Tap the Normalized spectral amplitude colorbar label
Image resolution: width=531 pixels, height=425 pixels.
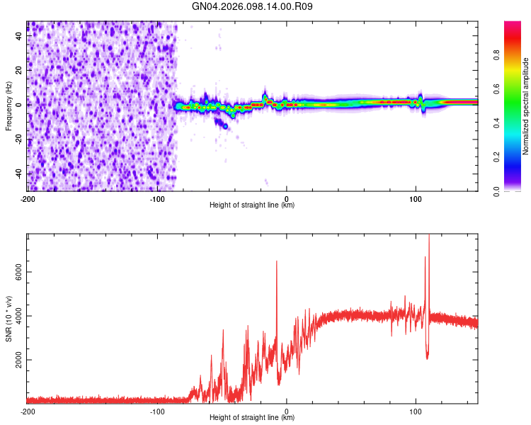[525, 106]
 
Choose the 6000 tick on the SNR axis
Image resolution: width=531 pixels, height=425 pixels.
[16, 272]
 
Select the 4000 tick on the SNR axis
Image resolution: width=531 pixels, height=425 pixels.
[16, 316]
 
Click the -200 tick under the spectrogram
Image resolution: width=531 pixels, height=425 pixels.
[28, 198]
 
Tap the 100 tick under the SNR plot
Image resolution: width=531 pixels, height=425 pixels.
[416, 411]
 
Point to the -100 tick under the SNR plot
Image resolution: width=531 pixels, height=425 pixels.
[157, 411]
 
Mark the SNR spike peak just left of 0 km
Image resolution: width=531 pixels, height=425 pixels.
[277, 261]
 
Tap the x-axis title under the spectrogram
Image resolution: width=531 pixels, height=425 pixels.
[253, 205]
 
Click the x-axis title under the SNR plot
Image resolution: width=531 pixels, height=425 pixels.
[253, 418]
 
